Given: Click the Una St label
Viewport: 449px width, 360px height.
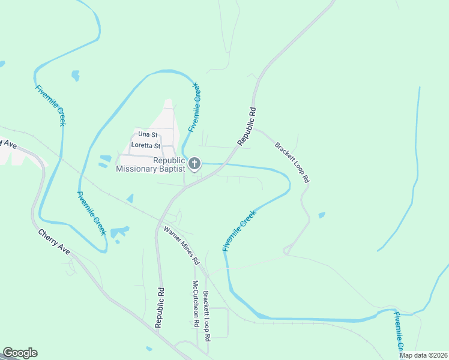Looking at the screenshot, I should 147,134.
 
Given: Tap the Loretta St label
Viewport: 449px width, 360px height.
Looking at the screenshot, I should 146,146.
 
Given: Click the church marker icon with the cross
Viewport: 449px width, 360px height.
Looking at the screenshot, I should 194,163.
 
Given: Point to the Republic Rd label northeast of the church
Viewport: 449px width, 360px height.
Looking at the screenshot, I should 247,127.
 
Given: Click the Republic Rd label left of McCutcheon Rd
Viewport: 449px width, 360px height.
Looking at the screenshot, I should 159,307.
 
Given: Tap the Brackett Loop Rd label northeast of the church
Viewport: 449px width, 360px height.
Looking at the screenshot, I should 292,162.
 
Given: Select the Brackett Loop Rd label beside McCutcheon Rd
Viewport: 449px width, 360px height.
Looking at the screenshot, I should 206,316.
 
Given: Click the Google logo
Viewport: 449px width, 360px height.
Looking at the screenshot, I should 20,353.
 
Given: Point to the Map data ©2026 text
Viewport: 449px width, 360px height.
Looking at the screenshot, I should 424,355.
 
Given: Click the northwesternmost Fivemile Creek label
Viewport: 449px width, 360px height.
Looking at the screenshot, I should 50,106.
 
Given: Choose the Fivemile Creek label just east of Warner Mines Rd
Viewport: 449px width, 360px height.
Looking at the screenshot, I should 239,230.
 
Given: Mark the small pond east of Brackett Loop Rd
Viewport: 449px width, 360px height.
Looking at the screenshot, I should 322,214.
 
